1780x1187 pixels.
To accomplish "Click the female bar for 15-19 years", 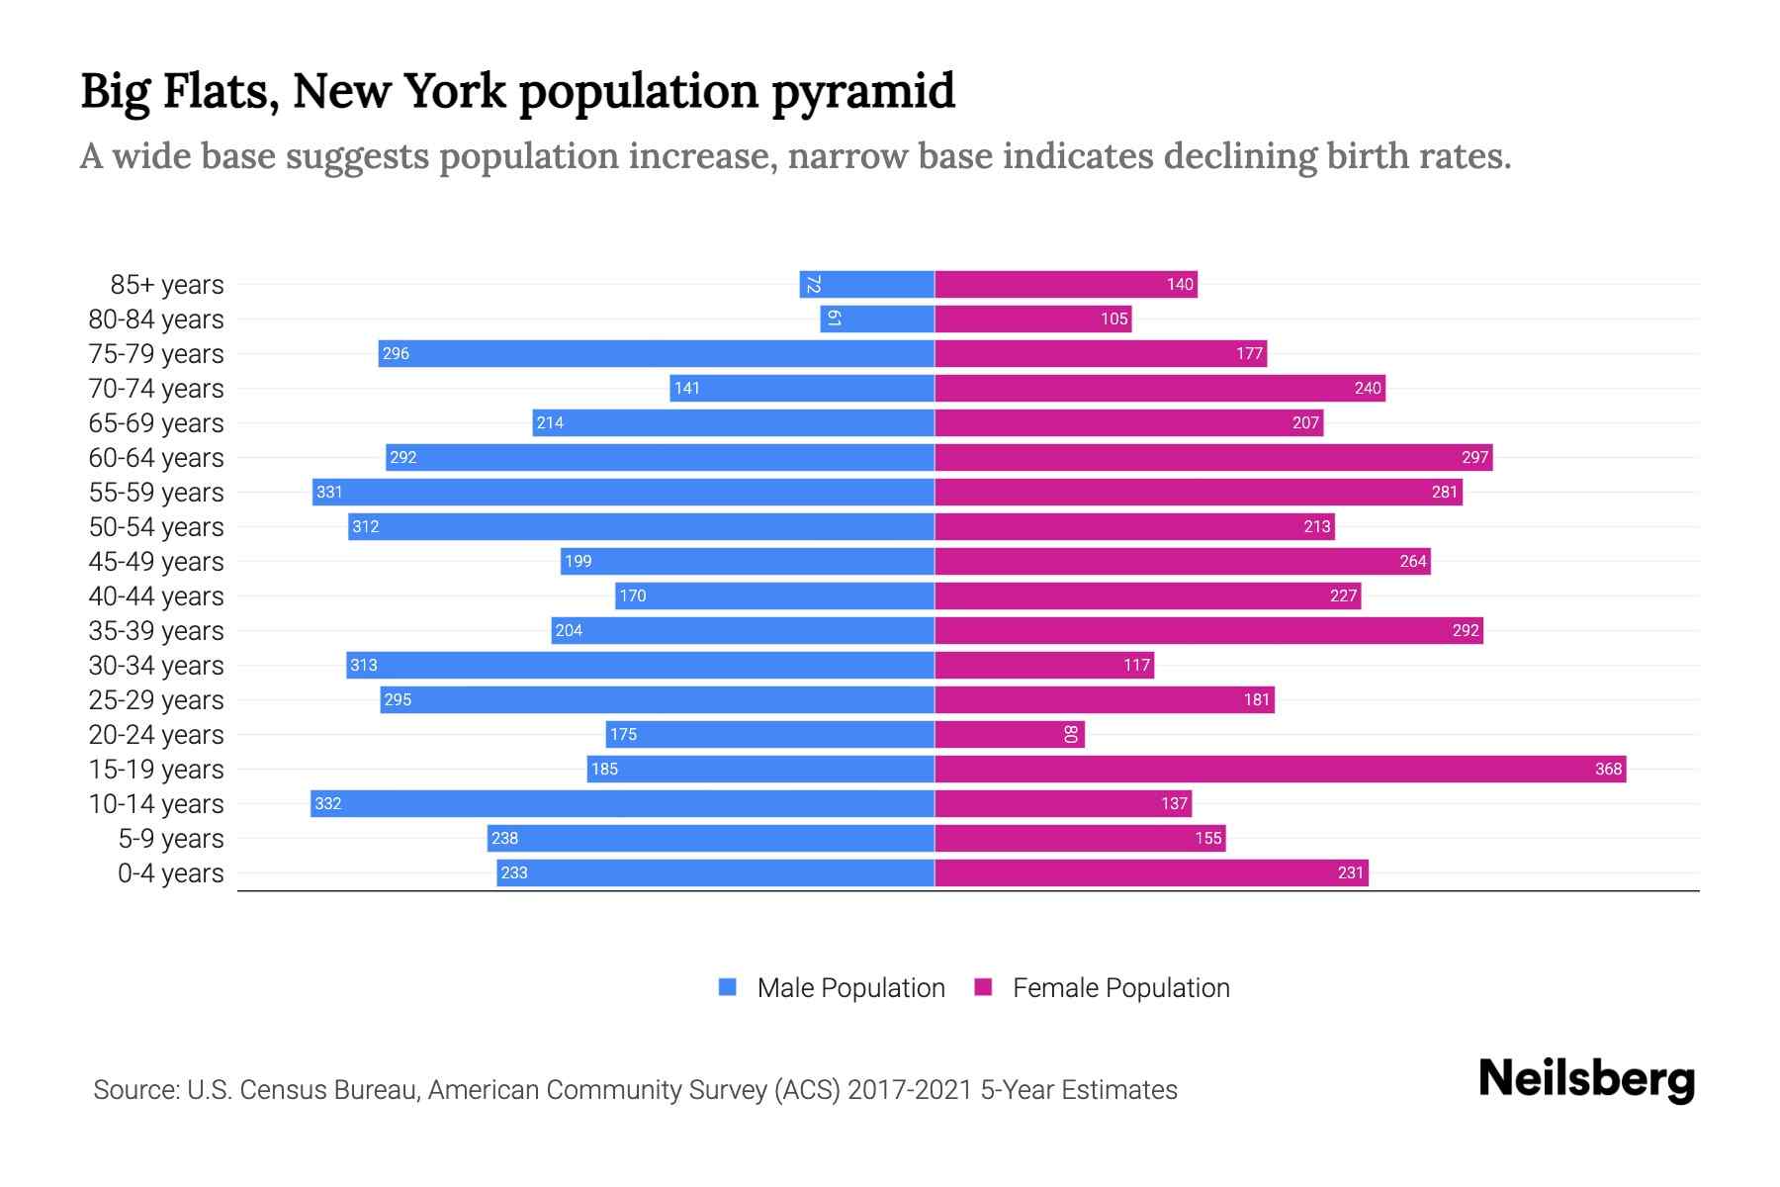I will [x=1280, y=769].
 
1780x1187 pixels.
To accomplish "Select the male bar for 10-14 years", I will [x=622, y=803].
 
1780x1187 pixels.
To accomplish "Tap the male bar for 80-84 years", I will [x=877, y=319].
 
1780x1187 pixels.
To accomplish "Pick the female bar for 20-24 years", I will [x=1009, y=734].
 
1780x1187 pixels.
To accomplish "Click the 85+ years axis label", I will [x=166, y=285].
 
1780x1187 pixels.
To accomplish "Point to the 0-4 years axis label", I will [x=170, y=873].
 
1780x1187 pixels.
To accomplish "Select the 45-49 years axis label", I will [x=156, y=562].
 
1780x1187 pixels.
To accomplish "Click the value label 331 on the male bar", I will [x=329, y=492].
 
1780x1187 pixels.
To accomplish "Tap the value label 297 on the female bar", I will [x=1474, y=457].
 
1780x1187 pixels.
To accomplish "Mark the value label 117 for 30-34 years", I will [x=1136, y=665].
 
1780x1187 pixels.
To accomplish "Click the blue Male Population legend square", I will [x=728, y=987].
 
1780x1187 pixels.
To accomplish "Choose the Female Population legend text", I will [x=1120, y=988].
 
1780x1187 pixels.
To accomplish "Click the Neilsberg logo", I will [x=1586, y=1079].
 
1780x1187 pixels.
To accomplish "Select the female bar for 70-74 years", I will [x=1159, y=388].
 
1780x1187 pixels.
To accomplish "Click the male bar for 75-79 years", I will [x=656, y=353].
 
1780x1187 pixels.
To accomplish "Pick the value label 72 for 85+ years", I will [x=813, y=284].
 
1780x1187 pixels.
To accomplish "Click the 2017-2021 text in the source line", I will [x=909, y=1090].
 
